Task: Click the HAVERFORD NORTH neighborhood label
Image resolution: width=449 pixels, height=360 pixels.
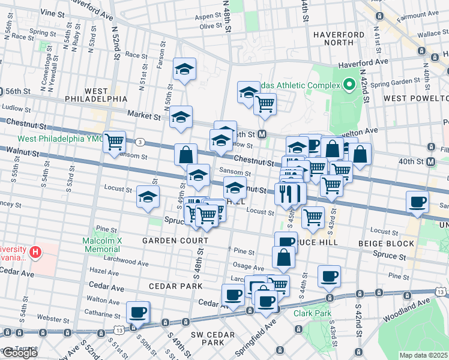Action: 339,39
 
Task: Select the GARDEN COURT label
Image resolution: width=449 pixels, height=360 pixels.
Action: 175,241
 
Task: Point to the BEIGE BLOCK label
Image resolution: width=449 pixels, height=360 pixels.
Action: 386,244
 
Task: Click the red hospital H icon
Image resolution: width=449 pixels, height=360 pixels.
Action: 35,252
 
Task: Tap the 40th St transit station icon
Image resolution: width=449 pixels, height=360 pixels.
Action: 430,161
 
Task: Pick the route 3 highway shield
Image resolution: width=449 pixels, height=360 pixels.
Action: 139,142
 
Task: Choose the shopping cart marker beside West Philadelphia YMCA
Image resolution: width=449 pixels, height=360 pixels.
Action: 114,142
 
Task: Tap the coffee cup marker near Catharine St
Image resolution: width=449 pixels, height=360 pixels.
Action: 138,312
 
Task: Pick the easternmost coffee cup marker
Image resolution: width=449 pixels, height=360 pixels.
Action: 417,202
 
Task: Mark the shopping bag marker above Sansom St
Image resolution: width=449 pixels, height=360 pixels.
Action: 186,155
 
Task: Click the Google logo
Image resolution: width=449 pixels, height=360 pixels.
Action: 19,353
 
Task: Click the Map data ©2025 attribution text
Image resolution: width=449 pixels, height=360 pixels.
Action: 423,355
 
